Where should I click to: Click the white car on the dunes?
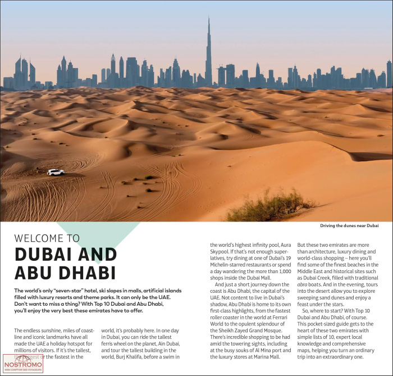(x=56, y=173)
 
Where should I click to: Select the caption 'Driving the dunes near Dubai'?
(x=349, y=226)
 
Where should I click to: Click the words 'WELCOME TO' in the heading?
(x=47, y=238)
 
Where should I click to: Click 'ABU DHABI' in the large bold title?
(x=65, y=273)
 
